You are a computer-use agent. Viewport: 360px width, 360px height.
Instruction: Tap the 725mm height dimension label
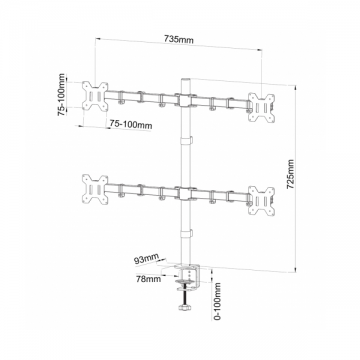tap(291, 174)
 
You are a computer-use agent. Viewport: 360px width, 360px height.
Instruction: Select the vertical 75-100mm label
tap(62, 95)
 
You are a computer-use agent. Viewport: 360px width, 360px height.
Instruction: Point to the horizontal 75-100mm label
tap(131, 124)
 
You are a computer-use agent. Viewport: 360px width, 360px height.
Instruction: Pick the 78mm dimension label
tap(148, 278)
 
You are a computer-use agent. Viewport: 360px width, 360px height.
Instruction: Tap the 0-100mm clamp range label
tap(218, 301)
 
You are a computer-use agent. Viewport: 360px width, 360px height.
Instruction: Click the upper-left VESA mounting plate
tap(95, 95)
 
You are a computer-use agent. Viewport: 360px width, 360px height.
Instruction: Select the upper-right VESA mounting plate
tap(262, 107)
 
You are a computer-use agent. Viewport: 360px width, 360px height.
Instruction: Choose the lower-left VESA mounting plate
tap(95, 189)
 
